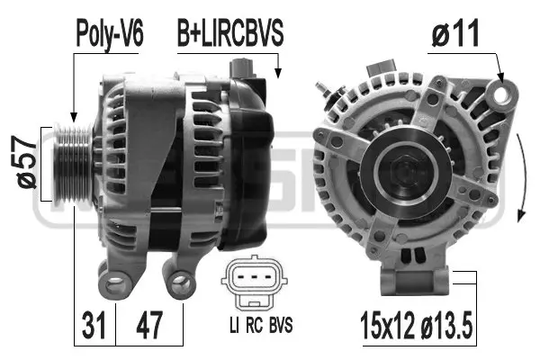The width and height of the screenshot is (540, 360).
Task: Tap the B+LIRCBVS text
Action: pos(229,34)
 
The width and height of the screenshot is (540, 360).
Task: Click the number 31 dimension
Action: pos(94,321)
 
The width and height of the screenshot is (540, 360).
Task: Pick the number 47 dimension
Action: pos(149,321)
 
